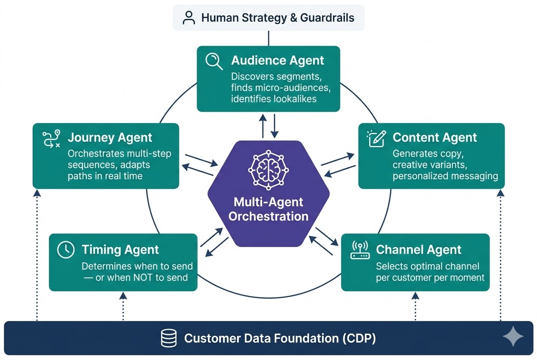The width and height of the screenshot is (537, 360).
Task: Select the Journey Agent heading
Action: tap(110, 138)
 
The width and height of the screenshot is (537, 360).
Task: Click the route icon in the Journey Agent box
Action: tap(51, 139)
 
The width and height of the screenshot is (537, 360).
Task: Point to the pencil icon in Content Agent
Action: tap(376, 138)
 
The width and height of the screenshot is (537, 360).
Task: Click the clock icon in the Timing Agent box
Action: tap(66, 250)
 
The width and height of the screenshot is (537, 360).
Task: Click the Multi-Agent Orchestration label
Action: tap(268, 209)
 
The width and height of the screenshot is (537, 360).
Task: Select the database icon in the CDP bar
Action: tap(169, 338)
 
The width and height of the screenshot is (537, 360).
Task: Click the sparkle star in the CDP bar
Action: tap(513, 337)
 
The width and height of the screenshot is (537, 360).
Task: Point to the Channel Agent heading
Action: tap(418, 250)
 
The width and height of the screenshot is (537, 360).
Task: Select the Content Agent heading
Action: tap(435, 138)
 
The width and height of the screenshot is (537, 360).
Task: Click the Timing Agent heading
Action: tap(120, 250)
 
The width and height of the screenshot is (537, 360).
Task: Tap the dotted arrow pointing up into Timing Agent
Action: tap(123, 306)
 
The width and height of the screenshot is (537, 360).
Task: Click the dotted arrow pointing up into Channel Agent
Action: tap(415, 306)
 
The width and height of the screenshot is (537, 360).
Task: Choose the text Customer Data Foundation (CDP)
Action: tap(280, 338)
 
